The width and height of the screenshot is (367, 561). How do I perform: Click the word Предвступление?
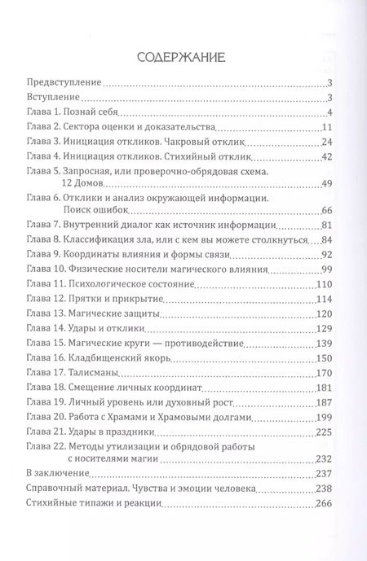[62, 84]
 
